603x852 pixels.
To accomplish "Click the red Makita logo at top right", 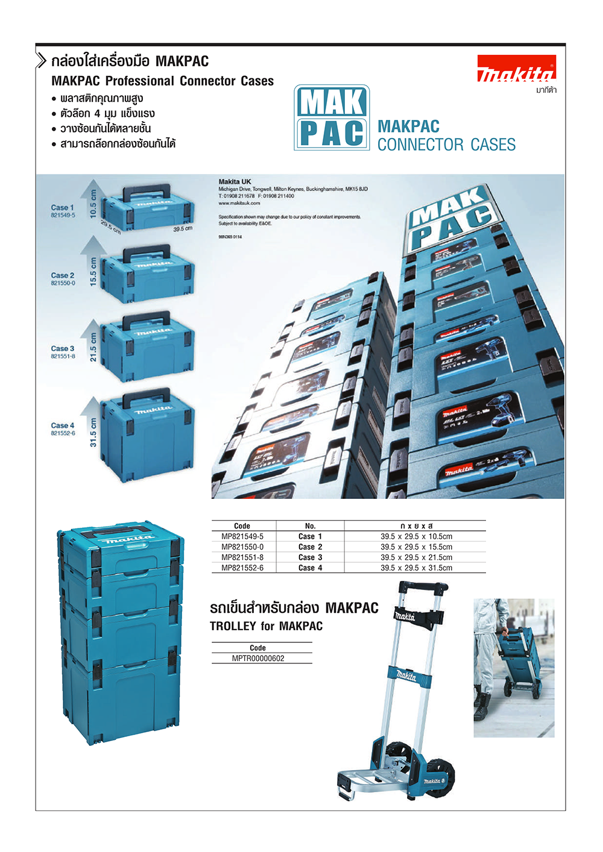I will click(516, 68).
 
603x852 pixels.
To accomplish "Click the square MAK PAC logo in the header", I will click(332, 117).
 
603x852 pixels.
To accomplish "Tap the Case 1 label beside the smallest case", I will click(62, 207).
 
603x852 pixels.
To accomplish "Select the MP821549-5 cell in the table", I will click(242, 536).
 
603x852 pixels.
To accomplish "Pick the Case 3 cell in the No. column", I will click(310, 557).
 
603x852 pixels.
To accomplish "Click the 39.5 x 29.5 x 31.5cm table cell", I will click(416, 568).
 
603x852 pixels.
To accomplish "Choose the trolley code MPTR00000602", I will click(258, 659).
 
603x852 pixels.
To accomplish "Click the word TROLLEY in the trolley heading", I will click(233, 626).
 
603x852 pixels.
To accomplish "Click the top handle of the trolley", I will click(424, 587).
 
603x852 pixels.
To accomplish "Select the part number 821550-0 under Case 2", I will click(63, 283).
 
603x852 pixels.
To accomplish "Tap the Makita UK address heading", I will click(235, 181).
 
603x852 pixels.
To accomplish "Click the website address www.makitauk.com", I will click(239, 203).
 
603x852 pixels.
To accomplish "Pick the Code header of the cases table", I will click(242, 526).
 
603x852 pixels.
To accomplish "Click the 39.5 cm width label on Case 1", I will click(183, 229).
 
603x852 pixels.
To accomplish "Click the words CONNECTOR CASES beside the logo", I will click(446, 145).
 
